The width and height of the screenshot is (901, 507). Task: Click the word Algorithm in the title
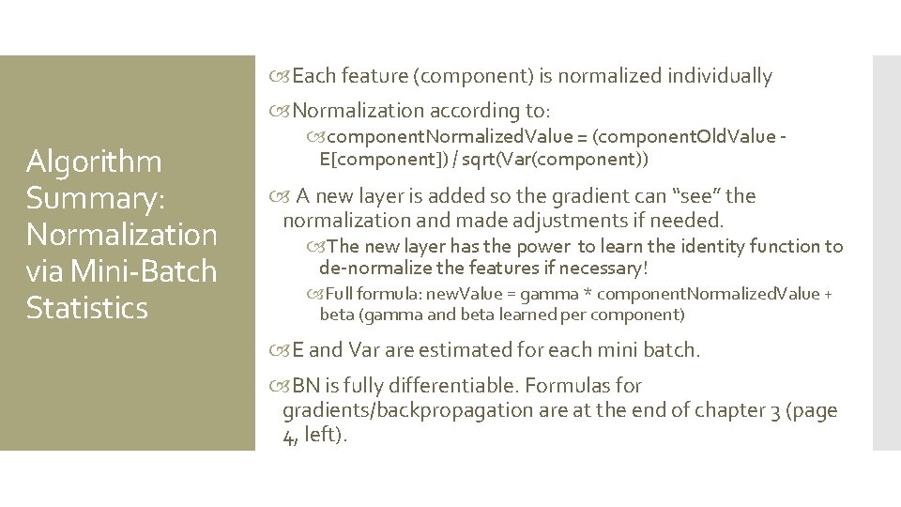[94, 162]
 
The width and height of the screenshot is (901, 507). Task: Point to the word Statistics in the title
[87, 309]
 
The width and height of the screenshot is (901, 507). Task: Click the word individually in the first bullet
[720, 76]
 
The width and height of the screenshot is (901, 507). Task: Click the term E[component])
[374, 160]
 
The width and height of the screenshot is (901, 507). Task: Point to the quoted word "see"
[695, 196]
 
